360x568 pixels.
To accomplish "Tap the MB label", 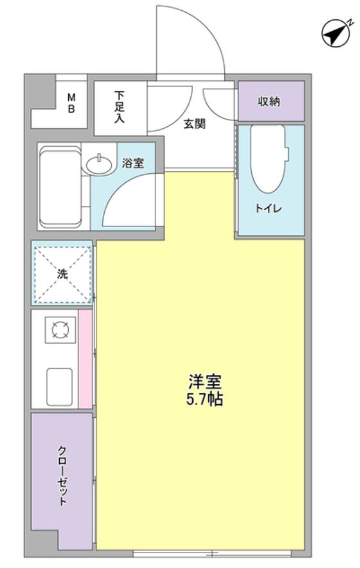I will pyautogui.click(x=72, y=103).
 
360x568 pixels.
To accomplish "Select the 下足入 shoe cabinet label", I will pyautogui.click(x=120, y=106).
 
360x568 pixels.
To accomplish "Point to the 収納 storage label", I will pyautogui.click(x=269, y=102).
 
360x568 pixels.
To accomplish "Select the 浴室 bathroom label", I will pyautogui.click(x=133, y=163).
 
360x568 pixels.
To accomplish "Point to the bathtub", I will pyautogui.click(x=59, y=187).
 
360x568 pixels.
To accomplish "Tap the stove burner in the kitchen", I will pyautogui.click(x=60, y=331).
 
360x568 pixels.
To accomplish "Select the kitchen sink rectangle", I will pyautogui.click(x=60, y=385).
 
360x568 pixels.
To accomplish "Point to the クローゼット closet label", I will pyautogui.click(x=62, y=476).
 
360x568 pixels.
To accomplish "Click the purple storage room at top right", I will pyautogui.click(x=271, y=102).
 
